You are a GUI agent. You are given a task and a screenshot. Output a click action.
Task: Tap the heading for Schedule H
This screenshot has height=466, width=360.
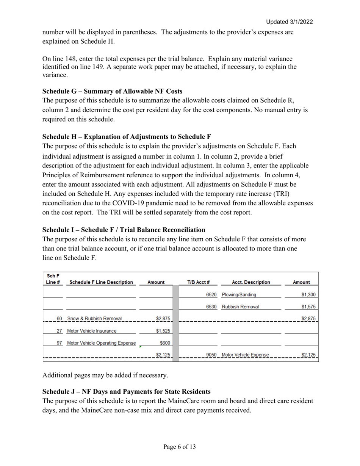127,136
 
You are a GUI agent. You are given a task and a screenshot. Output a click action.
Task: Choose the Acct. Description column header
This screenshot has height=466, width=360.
250,282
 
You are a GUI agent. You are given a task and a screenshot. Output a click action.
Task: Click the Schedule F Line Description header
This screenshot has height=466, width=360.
100,282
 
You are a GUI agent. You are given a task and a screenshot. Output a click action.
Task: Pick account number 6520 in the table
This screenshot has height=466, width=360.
211,294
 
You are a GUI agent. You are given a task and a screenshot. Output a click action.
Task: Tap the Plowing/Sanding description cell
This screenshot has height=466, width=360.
239,294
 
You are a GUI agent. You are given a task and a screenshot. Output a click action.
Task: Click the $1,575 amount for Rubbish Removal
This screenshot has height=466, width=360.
308,306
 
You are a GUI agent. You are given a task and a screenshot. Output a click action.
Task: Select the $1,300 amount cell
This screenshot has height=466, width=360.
308,294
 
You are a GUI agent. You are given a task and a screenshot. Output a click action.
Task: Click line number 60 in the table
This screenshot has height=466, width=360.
59,319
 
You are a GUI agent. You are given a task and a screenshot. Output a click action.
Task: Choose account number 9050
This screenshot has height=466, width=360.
211,355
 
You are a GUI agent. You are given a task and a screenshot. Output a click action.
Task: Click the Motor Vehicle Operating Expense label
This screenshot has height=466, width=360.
101,343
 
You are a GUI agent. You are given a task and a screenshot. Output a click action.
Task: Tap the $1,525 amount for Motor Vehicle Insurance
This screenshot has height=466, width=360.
163,331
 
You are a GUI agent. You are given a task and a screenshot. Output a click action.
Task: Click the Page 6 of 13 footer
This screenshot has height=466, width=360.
180,447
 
